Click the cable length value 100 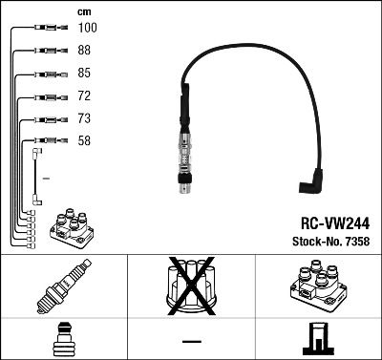pyautogui.click(x=87, y=30)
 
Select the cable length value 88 pyautogui.click(x=85, y=52)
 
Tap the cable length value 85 pyautogui.click(x=85, y=74)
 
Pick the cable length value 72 pyautogui.click(x=85, y=96)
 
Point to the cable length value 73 pyautogui.click(x=85, y=119)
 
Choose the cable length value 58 pyautogui.click(x=85, y=142)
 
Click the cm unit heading pyautogui.click(x=84, y=11)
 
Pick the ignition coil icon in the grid pyautogui.click(x=317, y=290)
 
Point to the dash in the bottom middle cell pyautogui.click(x=191, y=341)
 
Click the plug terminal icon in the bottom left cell pyautogui.click(x=64, y=341)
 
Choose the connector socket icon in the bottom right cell pyautogui.click(x=317, y=341)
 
